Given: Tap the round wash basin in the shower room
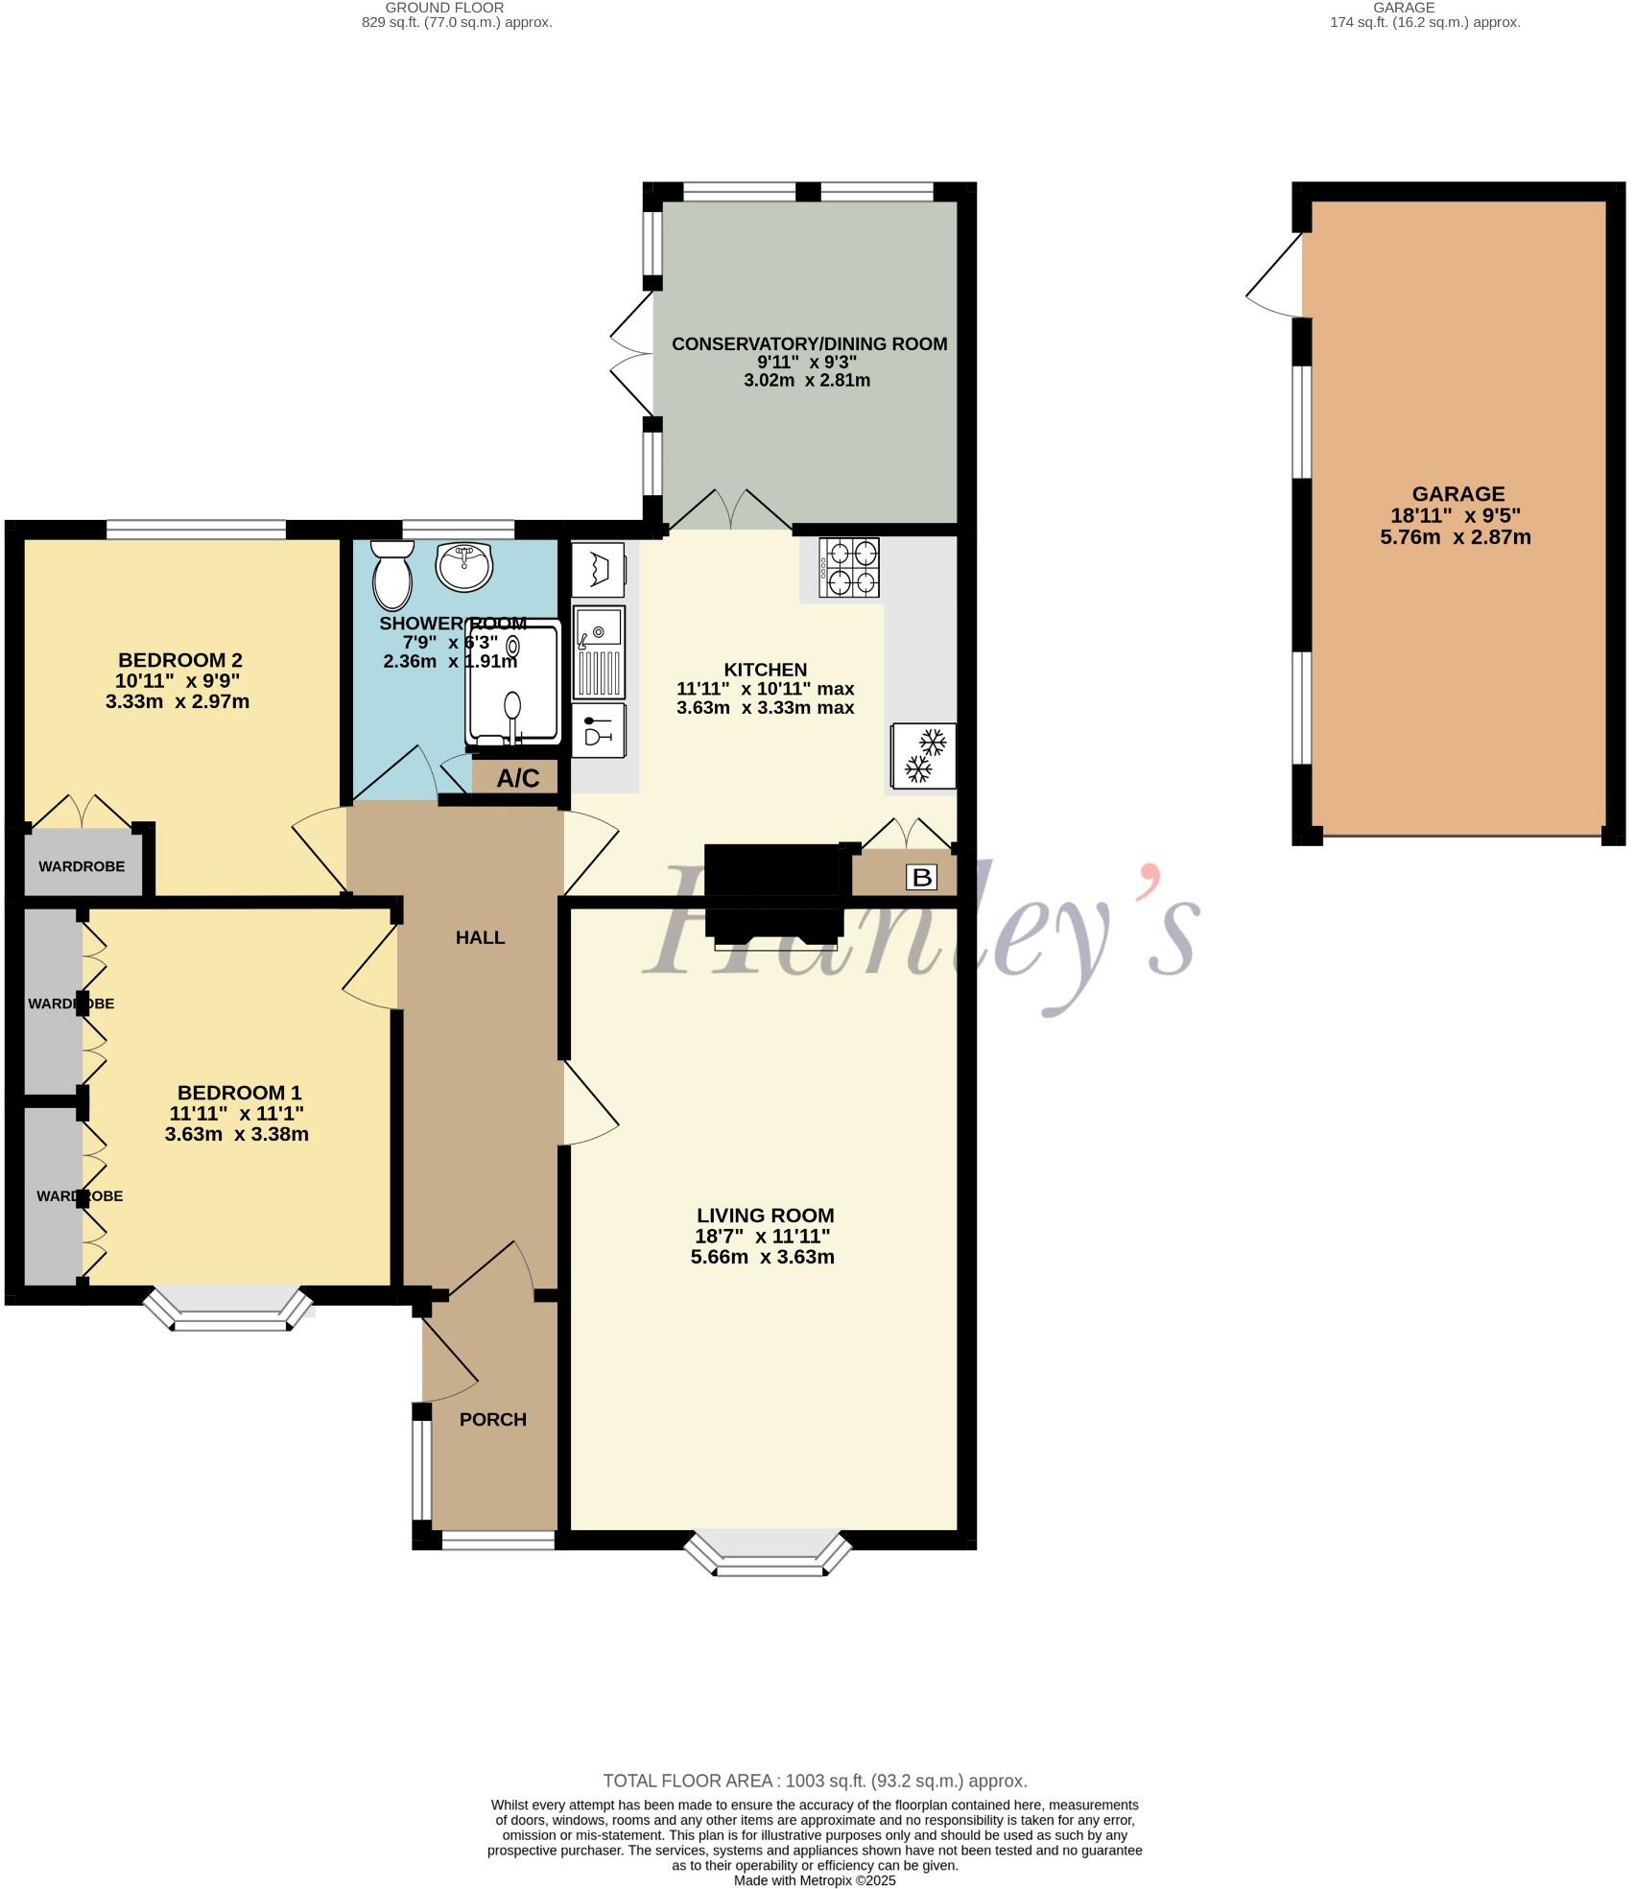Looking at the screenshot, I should [x=464, y=565].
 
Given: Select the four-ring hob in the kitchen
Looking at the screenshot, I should [x=849, y=568].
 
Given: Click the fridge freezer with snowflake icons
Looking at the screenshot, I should [x=924, y=755].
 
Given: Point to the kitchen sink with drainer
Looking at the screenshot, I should [x=600, y=650].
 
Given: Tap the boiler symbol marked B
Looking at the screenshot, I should [x=921, y=877].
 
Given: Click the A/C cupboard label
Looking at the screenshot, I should [x=517, y=778].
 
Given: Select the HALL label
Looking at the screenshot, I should [x=480, y=937].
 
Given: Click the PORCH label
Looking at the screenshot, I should [x=492, y=1419].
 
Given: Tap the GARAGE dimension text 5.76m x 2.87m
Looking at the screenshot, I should [x=1455, y=537].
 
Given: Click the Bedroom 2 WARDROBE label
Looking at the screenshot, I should [x=82, y=866].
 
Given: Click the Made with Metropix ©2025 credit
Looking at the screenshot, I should [x=815, y=1880].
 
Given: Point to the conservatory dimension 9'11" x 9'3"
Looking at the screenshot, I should [x=807, y=362].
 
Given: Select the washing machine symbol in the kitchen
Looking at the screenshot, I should [x=598, y=569].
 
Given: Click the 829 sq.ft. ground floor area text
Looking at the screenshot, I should [x=457, y=22].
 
